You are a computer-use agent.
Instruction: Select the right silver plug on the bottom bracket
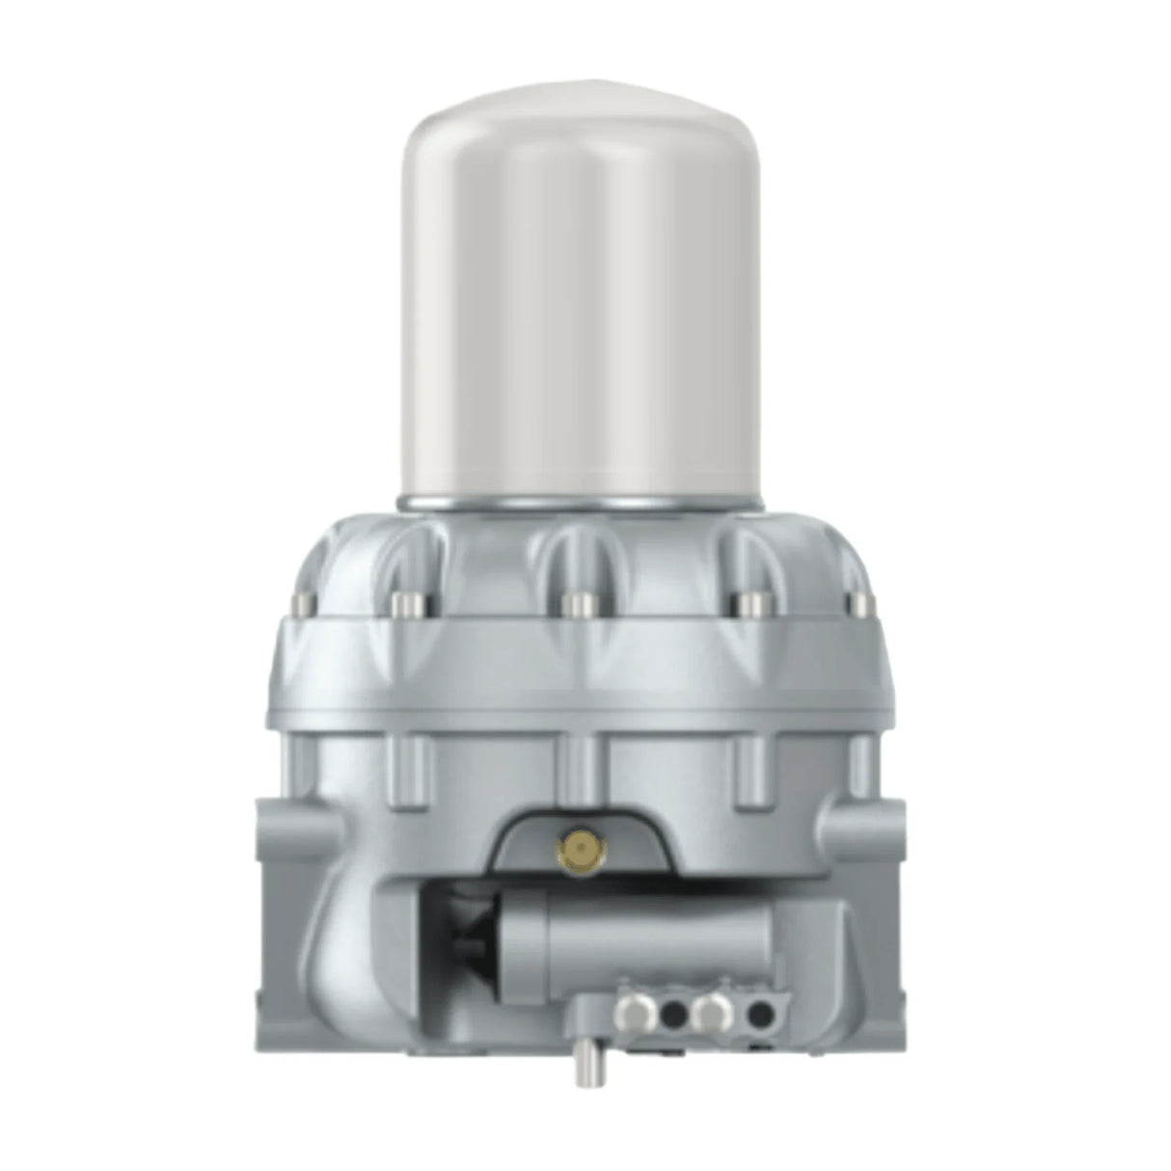click(715, 1005)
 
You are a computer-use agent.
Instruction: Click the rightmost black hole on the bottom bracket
click(760, 1006)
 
